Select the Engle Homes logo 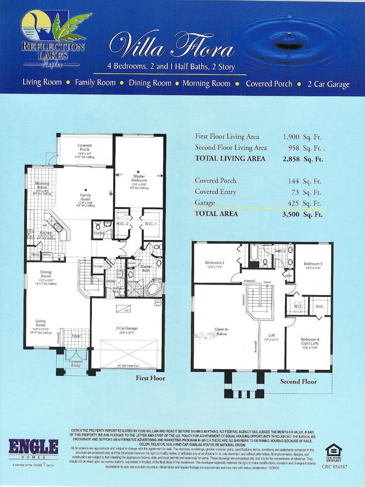tap(33, 448)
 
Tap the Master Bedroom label tap(139, 179)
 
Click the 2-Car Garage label tap(125, 329)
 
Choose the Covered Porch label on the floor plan tap(85, 147)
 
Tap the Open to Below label tap(221, 331)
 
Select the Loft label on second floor tap(271, 335)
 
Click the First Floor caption tap(150, 378)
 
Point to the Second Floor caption tap(298, 381)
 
